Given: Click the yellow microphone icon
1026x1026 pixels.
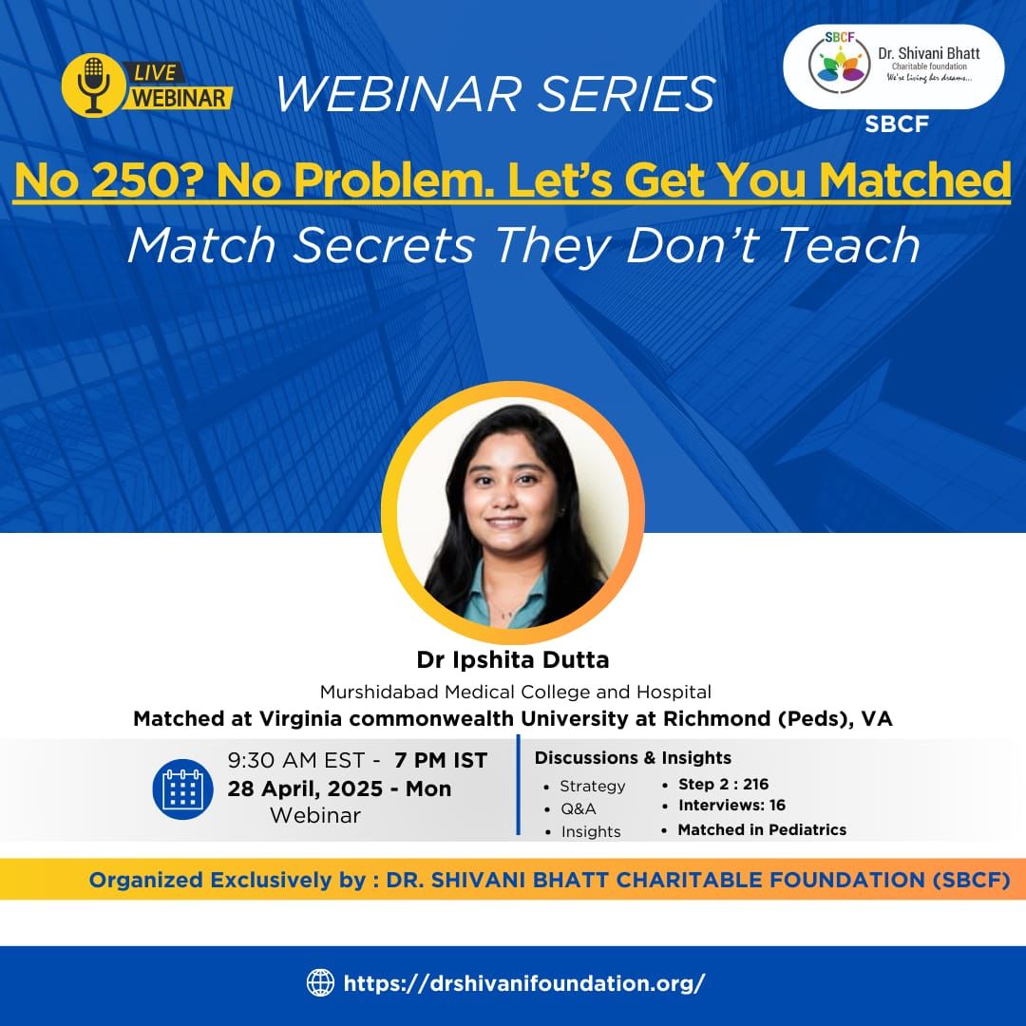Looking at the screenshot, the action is click(93, 85).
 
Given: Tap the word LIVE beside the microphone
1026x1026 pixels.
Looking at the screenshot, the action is click(155, 72).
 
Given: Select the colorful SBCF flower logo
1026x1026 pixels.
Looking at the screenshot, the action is click(839, 64).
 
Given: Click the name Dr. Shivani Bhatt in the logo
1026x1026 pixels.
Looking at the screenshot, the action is click(928, 53).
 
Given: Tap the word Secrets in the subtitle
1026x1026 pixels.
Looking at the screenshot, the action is click(384, 245).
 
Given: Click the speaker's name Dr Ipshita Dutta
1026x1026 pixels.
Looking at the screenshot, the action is click(513, 659).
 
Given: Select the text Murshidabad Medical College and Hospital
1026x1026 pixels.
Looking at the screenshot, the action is click(516, 692).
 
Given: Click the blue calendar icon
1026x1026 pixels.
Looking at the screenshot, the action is click(182, 789).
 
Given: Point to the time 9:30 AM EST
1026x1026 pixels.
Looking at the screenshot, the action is click(295, 760).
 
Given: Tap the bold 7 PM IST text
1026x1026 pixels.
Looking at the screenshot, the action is click(441, 760).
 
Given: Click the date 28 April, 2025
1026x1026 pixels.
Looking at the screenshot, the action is click(305, 788).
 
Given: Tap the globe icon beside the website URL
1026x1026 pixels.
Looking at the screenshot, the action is click(321, 983).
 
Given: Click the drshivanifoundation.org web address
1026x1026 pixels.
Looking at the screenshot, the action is click(524, 983).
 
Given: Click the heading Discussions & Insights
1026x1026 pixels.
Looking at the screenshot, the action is click(633, 758).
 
